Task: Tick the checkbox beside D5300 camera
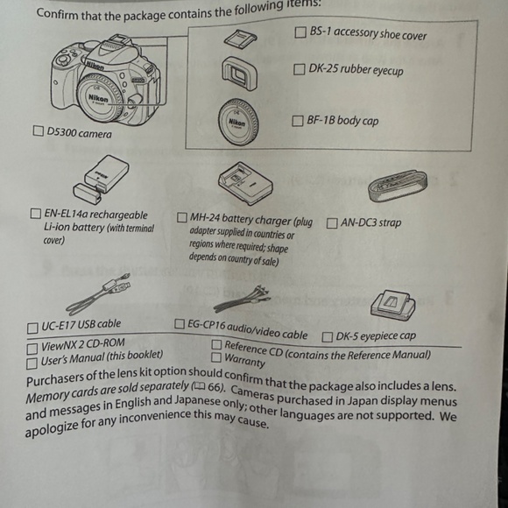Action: (39, 131)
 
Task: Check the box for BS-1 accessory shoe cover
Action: (300, 32)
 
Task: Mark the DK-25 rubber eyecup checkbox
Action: (299, 69)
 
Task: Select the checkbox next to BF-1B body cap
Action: (298, 121)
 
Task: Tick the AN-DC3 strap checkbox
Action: (332, 223)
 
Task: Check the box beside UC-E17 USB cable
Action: (32, 328)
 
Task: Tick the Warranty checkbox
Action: (216, 357)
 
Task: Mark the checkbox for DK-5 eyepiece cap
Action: (328, 337)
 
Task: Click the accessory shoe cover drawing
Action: (240, 38)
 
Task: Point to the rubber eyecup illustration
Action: (239, 73)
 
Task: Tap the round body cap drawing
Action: (238, 122)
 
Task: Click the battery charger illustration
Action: (245, 183)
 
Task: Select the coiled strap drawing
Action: (398, 186)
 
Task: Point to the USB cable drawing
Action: (98, 294)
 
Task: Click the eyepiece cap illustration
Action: (393, 305)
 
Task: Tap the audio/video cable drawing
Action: (242, 299)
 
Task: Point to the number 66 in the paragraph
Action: (214, 387)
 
